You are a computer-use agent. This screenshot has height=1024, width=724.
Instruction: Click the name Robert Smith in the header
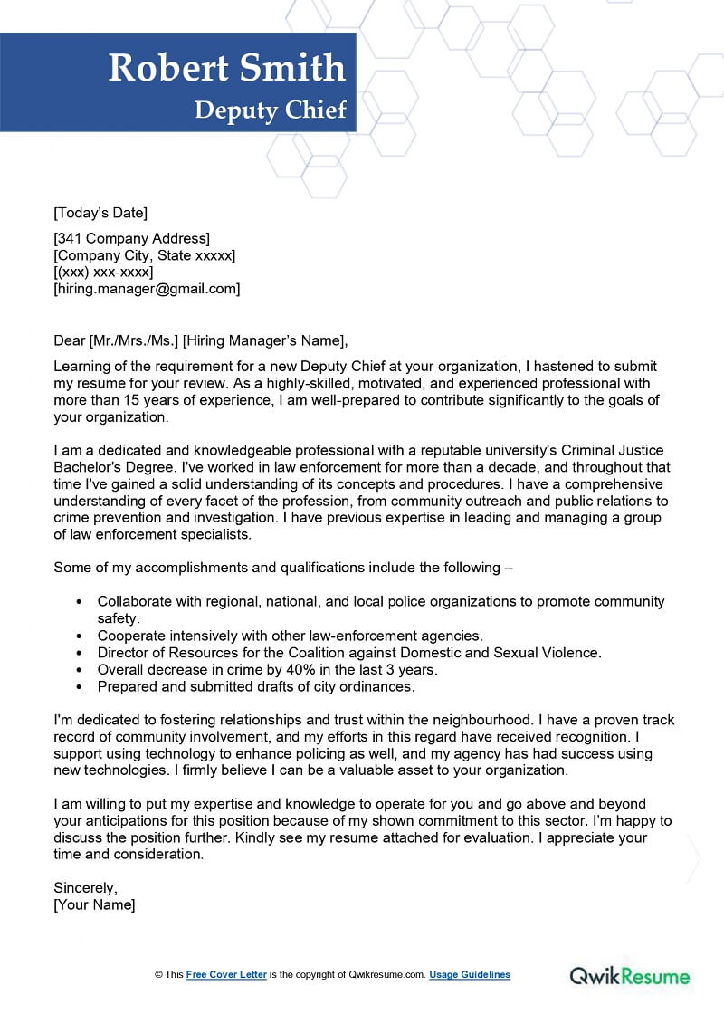point(226,69)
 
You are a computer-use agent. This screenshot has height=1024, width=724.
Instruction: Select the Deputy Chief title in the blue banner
point(271,110)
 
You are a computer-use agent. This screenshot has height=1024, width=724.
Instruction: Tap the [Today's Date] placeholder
point(100,213)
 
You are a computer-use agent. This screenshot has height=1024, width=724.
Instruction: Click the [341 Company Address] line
point(132,239)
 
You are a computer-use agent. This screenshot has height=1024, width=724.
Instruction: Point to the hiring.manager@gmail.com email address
point(147,289)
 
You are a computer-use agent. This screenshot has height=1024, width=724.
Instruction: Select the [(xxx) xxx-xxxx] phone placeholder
point(103,273)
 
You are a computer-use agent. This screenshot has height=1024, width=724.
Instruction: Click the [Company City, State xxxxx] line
point(145,255)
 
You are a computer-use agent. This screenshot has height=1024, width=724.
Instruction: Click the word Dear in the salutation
point(70,340)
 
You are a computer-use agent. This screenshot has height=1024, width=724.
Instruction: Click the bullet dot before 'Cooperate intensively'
point(81,636)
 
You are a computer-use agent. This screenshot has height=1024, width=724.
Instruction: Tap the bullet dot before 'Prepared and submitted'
point(81,687)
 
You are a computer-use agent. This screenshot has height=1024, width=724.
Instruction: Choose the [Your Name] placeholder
point(94,904)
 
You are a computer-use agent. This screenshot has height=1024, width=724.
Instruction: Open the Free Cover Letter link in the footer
point(226,975)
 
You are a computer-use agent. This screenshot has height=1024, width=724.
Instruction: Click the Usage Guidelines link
point(470,975)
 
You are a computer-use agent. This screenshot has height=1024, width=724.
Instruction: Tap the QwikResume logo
point(629,976)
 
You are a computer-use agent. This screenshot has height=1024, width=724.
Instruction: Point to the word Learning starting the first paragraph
point(83,367)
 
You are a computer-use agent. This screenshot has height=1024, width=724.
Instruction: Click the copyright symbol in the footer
point(158,975)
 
